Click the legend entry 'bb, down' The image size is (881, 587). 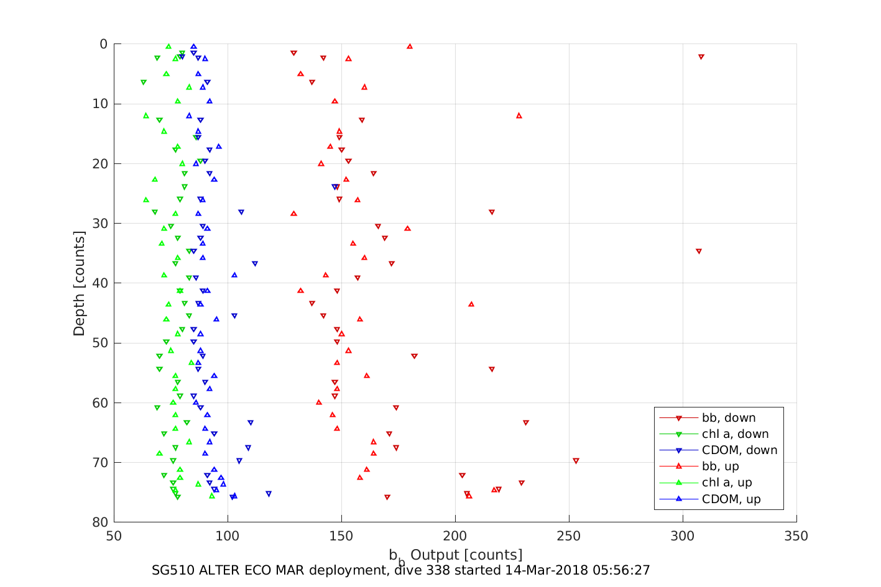tap(729, 418)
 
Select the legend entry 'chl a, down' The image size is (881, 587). tap(735, 434)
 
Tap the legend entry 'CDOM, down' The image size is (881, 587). tap(739, 450)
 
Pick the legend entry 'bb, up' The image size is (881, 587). tap(720, 466)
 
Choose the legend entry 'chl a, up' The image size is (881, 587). tap(727, 483)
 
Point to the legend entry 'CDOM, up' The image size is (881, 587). tap(731, 499)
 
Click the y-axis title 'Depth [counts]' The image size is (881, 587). tap(79, 283)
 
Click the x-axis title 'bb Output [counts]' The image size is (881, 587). tap(455, 555)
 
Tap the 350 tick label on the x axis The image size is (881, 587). tap(796, 536)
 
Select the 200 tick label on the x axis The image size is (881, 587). tap(455, 536)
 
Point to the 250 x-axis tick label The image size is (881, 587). tap(569, 536)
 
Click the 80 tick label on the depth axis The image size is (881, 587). tap(99, 522)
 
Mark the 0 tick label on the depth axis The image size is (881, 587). tap(103, 44)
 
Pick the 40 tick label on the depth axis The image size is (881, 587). tap(99, 283)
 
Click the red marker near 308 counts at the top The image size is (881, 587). tap(701, 57)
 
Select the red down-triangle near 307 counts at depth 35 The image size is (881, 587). tap(699, 251)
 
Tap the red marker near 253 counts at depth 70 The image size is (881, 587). tap(576, 461)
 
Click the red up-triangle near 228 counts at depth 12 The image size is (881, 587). tap(519, 116)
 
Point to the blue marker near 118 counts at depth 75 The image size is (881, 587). tap(269, 494)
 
